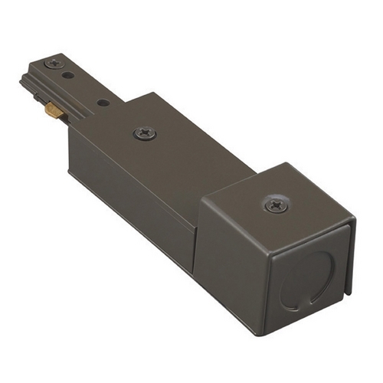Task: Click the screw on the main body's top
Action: click(143, 133)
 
